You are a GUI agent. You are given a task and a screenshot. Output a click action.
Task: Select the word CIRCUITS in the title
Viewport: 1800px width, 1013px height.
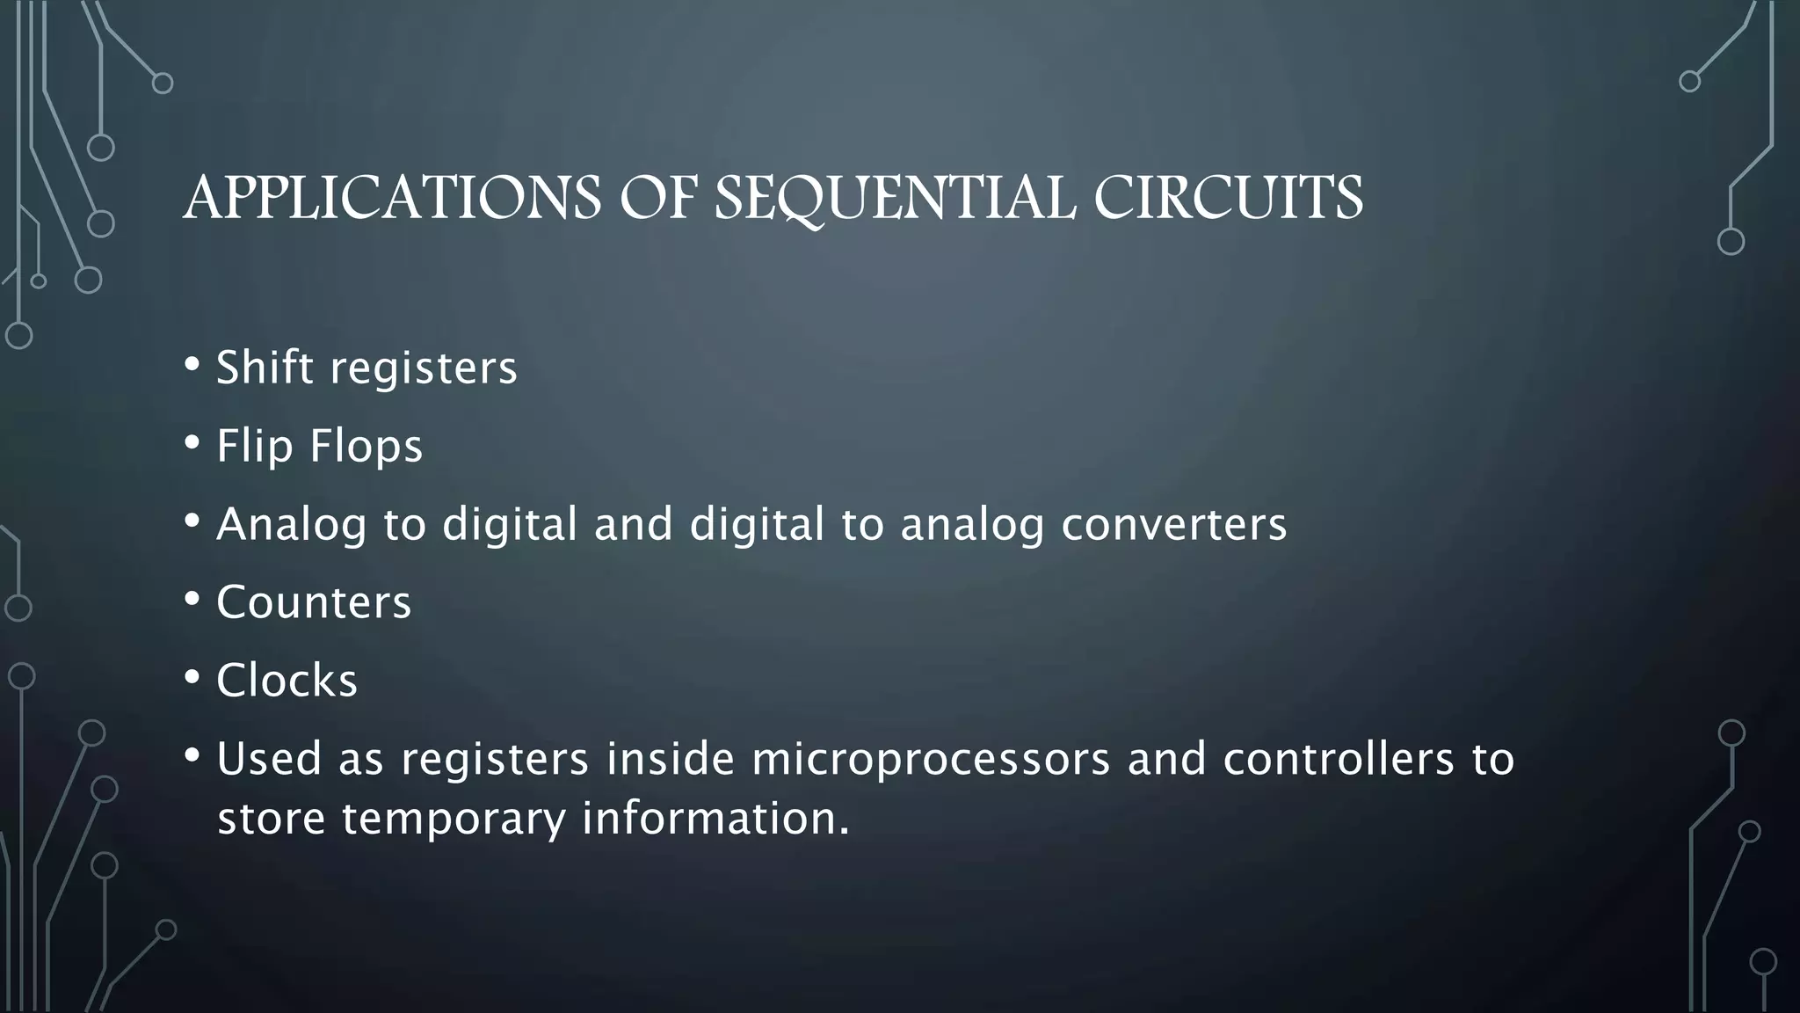pyautogui.click(x=1229, y=198)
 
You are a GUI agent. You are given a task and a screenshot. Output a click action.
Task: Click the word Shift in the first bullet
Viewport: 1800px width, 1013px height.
pyautogui.click(x=265, y=368)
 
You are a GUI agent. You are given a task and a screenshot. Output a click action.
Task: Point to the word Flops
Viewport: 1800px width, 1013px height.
pyautogui.click(x=366, y=446)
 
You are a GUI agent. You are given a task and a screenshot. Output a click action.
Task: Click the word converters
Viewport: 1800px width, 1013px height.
pyautogui.click(x=1174, y=524)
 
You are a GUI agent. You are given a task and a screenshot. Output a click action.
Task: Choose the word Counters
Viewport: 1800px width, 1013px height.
pyautogui.click(x=314, y=602)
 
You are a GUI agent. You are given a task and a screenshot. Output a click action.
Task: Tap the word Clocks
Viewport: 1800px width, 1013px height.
pyautogui.click(x=287, y=681)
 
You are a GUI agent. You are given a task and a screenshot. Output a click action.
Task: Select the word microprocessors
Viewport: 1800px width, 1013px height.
pyautogui.click(x=932, y=759)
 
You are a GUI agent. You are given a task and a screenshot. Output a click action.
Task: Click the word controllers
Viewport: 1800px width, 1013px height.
pyautogui.click(x=1339, y=759)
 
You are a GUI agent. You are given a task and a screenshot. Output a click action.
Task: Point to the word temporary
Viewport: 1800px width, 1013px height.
pyautogui.click(x=454, y=819)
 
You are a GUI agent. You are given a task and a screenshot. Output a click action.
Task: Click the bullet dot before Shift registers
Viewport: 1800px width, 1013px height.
pyautogui.click(x=192, y=365)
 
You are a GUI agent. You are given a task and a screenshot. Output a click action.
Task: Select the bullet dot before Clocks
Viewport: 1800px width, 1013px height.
pyautogui.click(x=192, y=678)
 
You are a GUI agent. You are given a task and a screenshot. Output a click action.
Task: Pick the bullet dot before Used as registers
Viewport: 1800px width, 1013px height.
pyautogui.click(x=192, y=756)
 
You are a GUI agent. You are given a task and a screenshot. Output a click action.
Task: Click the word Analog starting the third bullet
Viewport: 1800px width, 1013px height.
pyautogui.click(x=291, y=526)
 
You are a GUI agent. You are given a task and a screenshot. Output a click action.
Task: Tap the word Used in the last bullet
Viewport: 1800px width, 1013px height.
pyautogui.click(x=269, y=759)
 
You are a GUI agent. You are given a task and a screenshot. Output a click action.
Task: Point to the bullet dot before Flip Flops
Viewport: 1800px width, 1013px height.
pyautogui.click(x=192, y=443)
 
